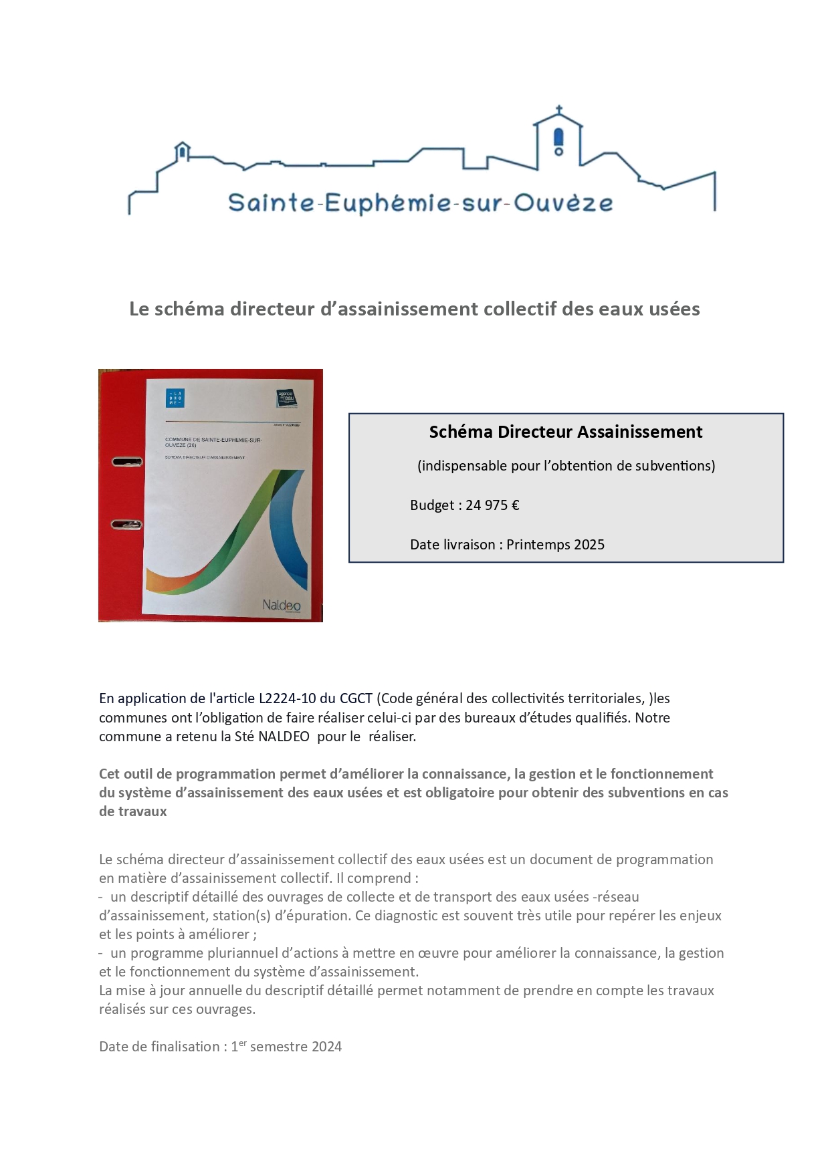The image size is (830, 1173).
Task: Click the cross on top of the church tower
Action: click(558, 110)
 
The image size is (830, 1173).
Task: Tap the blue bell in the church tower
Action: click(559, 137)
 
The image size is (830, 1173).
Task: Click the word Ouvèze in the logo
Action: click(563, 203)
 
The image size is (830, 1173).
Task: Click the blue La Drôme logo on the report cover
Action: click(175, 398)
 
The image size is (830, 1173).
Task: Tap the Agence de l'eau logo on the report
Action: click(287, 399)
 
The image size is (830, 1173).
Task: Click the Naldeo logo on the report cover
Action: click(282, 605)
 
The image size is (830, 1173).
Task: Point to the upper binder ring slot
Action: click(127, 461)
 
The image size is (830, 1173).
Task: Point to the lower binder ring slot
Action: click(127, 525)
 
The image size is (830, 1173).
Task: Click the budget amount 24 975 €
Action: click(492, 505)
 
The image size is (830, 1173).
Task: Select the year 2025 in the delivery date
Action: click(589, 545)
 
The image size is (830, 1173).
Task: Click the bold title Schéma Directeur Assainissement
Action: click(566, 432)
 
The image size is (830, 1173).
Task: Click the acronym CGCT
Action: click(356, 698)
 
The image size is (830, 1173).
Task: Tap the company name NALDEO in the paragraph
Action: click(284, 737)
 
